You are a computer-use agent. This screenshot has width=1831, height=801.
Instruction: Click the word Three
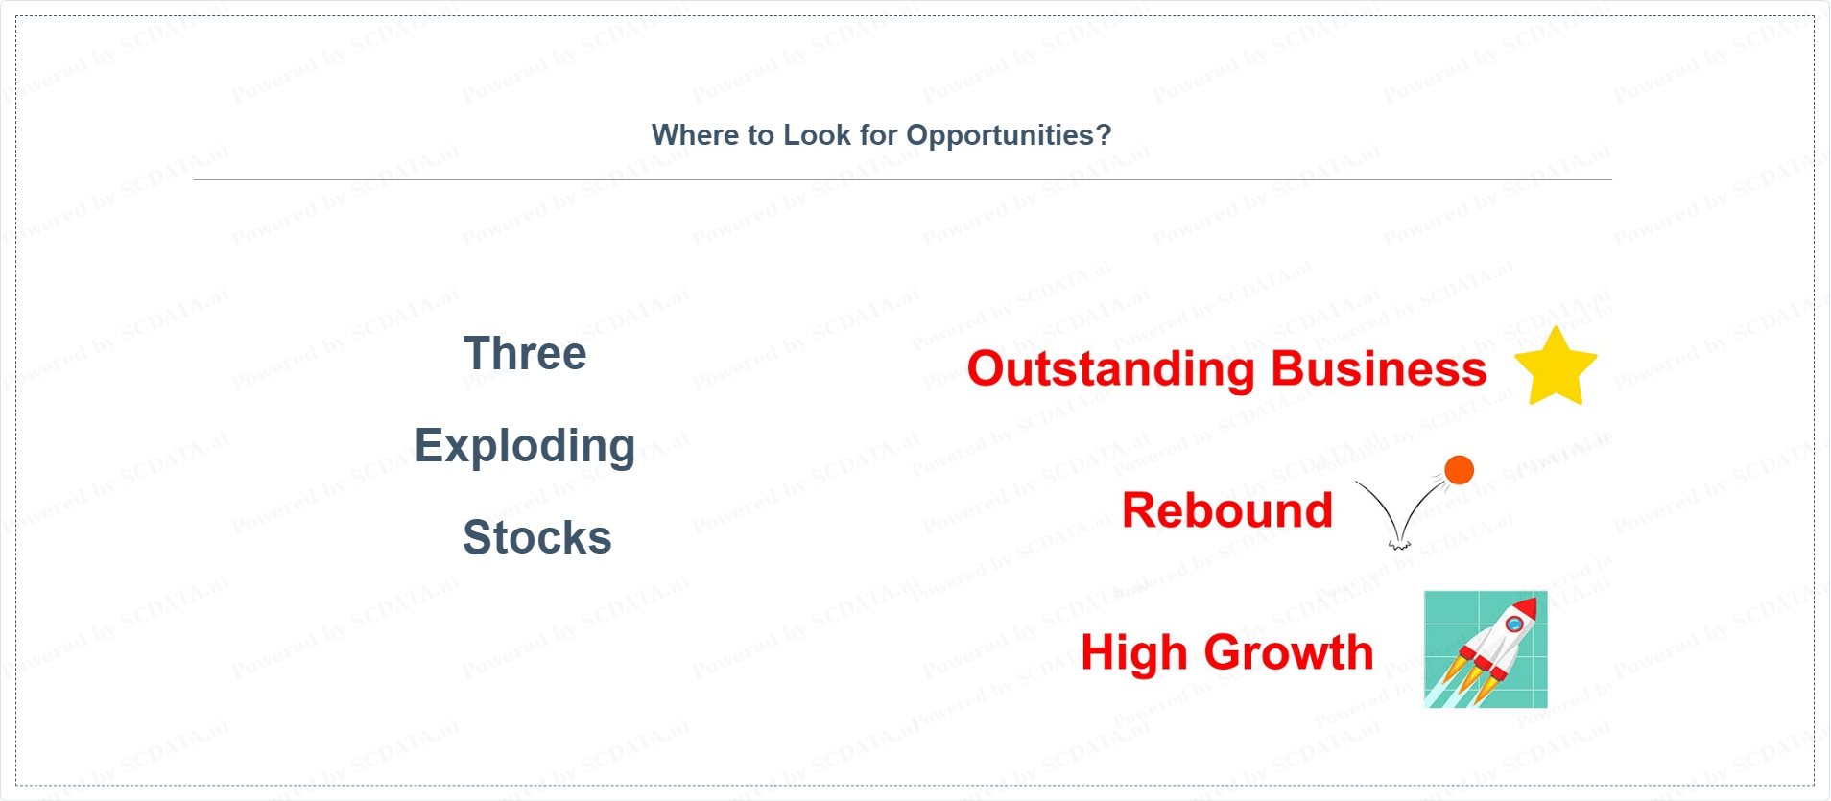tap(524, 353)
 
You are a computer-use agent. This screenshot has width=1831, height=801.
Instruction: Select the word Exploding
tap(525, 447)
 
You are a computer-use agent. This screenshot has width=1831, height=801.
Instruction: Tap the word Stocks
tap(536, 537)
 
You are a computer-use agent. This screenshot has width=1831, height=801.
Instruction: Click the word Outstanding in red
tap(1111, 370)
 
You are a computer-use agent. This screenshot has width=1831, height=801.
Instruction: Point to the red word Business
tap(1379, 368)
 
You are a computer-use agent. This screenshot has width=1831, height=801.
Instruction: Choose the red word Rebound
tap(1227, 510)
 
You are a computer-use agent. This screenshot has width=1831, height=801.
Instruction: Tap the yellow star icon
tap(1556, 367)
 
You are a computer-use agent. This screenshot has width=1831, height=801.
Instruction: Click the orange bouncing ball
tap(1459, 470)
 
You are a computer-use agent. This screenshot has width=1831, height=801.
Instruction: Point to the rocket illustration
tap(1486, 649)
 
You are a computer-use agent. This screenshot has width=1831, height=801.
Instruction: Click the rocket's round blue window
tap(1514, 625)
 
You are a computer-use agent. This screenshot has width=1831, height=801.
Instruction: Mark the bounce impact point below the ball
tap(1399, 544)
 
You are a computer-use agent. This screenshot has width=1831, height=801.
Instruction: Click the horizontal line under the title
tap(903, 179)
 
